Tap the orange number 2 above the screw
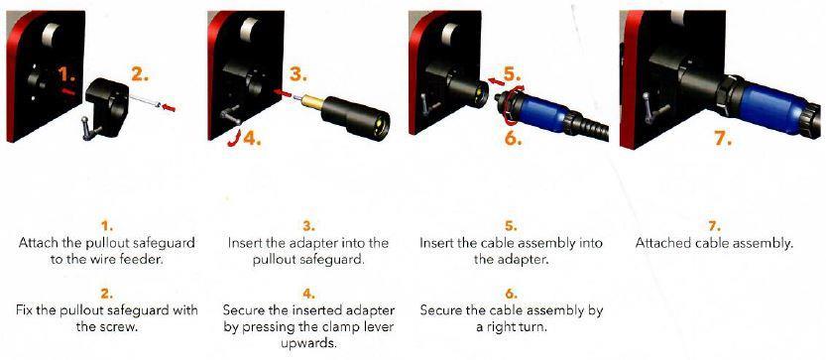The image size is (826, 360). click(139, 74)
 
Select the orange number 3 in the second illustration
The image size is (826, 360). click(298, 74)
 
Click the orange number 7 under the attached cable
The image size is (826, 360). click(722, 138)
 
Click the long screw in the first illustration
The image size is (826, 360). click(143, 101)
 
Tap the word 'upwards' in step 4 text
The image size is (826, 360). click(308, 344)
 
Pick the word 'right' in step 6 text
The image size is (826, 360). click(508, 327)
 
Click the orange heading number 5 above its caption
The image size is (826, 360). click(510, 227)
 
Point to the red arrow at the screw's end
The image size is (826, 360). click(169, 107)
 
